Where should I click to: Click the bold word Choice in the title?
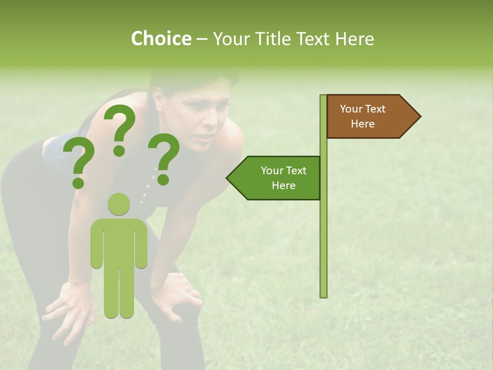[161, 39]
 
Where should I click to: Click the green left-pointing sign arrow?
[275, 178]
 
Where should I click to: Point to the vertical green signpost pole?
[324, 231]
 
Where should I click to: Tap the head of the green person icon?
[119, 205]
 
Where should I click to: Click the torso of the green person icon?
[119, 242]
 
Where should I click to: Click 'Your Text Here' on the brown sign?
[363, 116]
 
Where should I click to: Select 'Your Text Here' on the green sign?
[283, 178]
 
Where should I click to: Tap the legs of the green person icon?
[119, 293]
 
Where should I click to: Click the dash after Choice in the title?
[202, 39]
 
